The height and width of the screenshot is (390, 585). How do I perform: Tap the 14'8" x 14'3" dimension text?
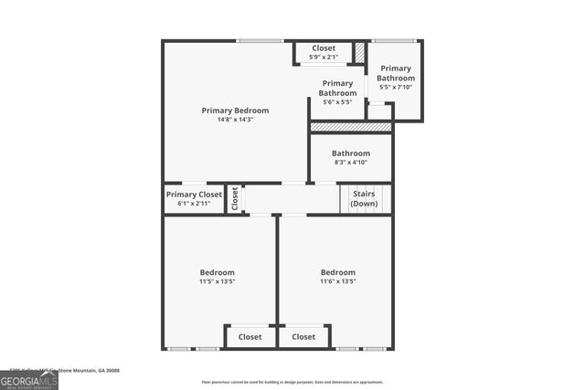235,120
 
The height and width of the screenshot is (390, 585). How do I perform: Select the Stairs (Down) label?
364,199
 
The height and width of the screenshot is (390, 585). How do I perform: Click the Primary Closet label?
194,195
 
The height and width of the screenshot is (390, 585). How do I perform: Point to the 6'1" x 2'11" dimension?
194,203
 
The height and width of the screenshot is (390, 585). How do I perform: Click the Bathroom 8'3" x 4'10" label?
351,153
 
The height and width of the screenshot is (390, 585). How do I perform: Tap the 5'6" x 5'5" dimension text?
338,101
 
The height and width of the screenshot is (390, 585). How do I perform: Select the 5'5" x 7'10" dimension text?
397,87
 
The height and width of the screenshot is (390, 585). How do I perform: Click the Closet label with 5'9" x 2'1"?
324,47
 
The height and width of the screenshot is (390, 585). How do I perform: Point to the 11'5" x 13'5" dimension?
218,281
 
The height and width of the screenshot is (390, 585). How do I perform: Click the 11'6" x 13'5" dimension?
337,281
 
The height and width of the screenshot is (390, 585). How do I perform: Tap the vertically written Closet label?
235,198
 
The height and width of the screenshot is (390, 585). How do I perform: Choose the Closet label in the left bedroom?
250,337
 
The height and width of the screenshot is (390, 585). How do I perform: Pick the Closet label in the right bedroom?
303,337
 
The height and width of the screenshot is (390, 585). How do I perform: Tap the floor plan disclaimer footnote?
292,383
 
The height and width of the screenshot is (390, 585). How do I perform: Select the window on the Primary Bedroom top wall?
260,41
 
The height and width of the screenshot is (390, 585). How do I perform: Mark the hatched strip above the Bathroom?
351,127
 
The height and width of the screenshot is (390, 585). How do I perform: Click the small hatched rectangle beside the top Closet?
360,53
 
